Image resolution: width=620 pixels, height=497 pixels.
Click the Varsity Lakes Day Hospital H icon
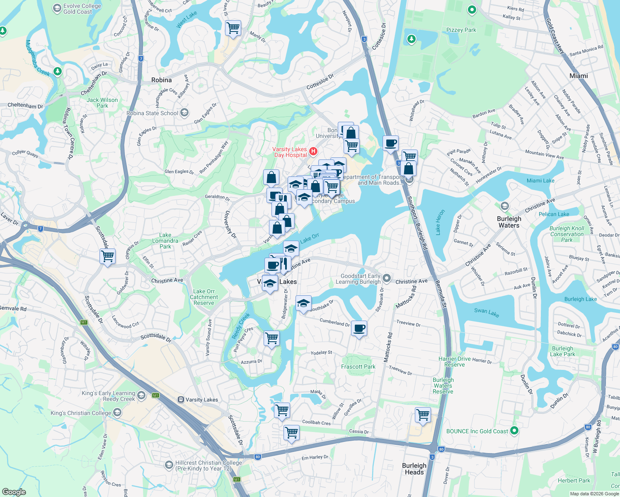[313, 152]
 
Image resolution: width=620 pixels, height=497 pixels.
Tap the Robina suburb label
[162, 80]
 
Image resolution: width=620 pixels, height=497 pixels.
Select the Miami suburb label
[579, 76]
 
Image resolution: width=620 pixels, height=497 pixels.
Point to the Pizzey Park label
[461, 30]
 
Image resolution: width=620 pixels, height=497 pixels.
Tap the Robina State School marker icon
[184, 113]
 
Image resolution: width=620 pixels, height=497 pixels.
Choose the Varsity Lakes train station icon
[181, 400]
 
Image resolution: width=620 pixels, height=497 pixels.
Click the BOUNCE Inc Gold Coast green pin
[514, 431]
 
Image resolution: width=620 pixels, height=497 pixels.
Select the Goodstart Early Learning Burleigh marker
[387, 278]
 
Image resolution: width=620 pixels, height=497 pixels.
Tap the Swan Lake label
[487, 312]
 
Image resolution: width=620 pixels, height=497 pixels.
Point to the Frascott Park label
[358, 367]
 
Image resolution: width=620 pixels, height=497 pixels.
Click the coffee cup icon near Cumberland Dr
[359, 328]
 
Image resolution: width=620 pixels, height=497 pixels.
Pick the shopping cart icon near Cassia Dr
[291, 433]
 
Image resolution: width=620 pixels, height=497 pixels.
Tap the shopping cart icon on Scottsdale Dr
[107, 256]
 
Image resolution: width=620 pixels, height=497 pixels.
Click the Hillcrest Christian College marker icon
[169, 465]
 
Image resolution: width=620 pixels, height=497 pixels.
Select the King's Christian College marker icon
[117, 413]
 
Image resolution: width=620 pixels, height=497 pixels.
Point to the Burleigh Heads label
[414, 469]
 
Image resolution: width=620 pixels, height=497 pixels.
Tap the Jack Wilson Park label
[102, 103]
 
